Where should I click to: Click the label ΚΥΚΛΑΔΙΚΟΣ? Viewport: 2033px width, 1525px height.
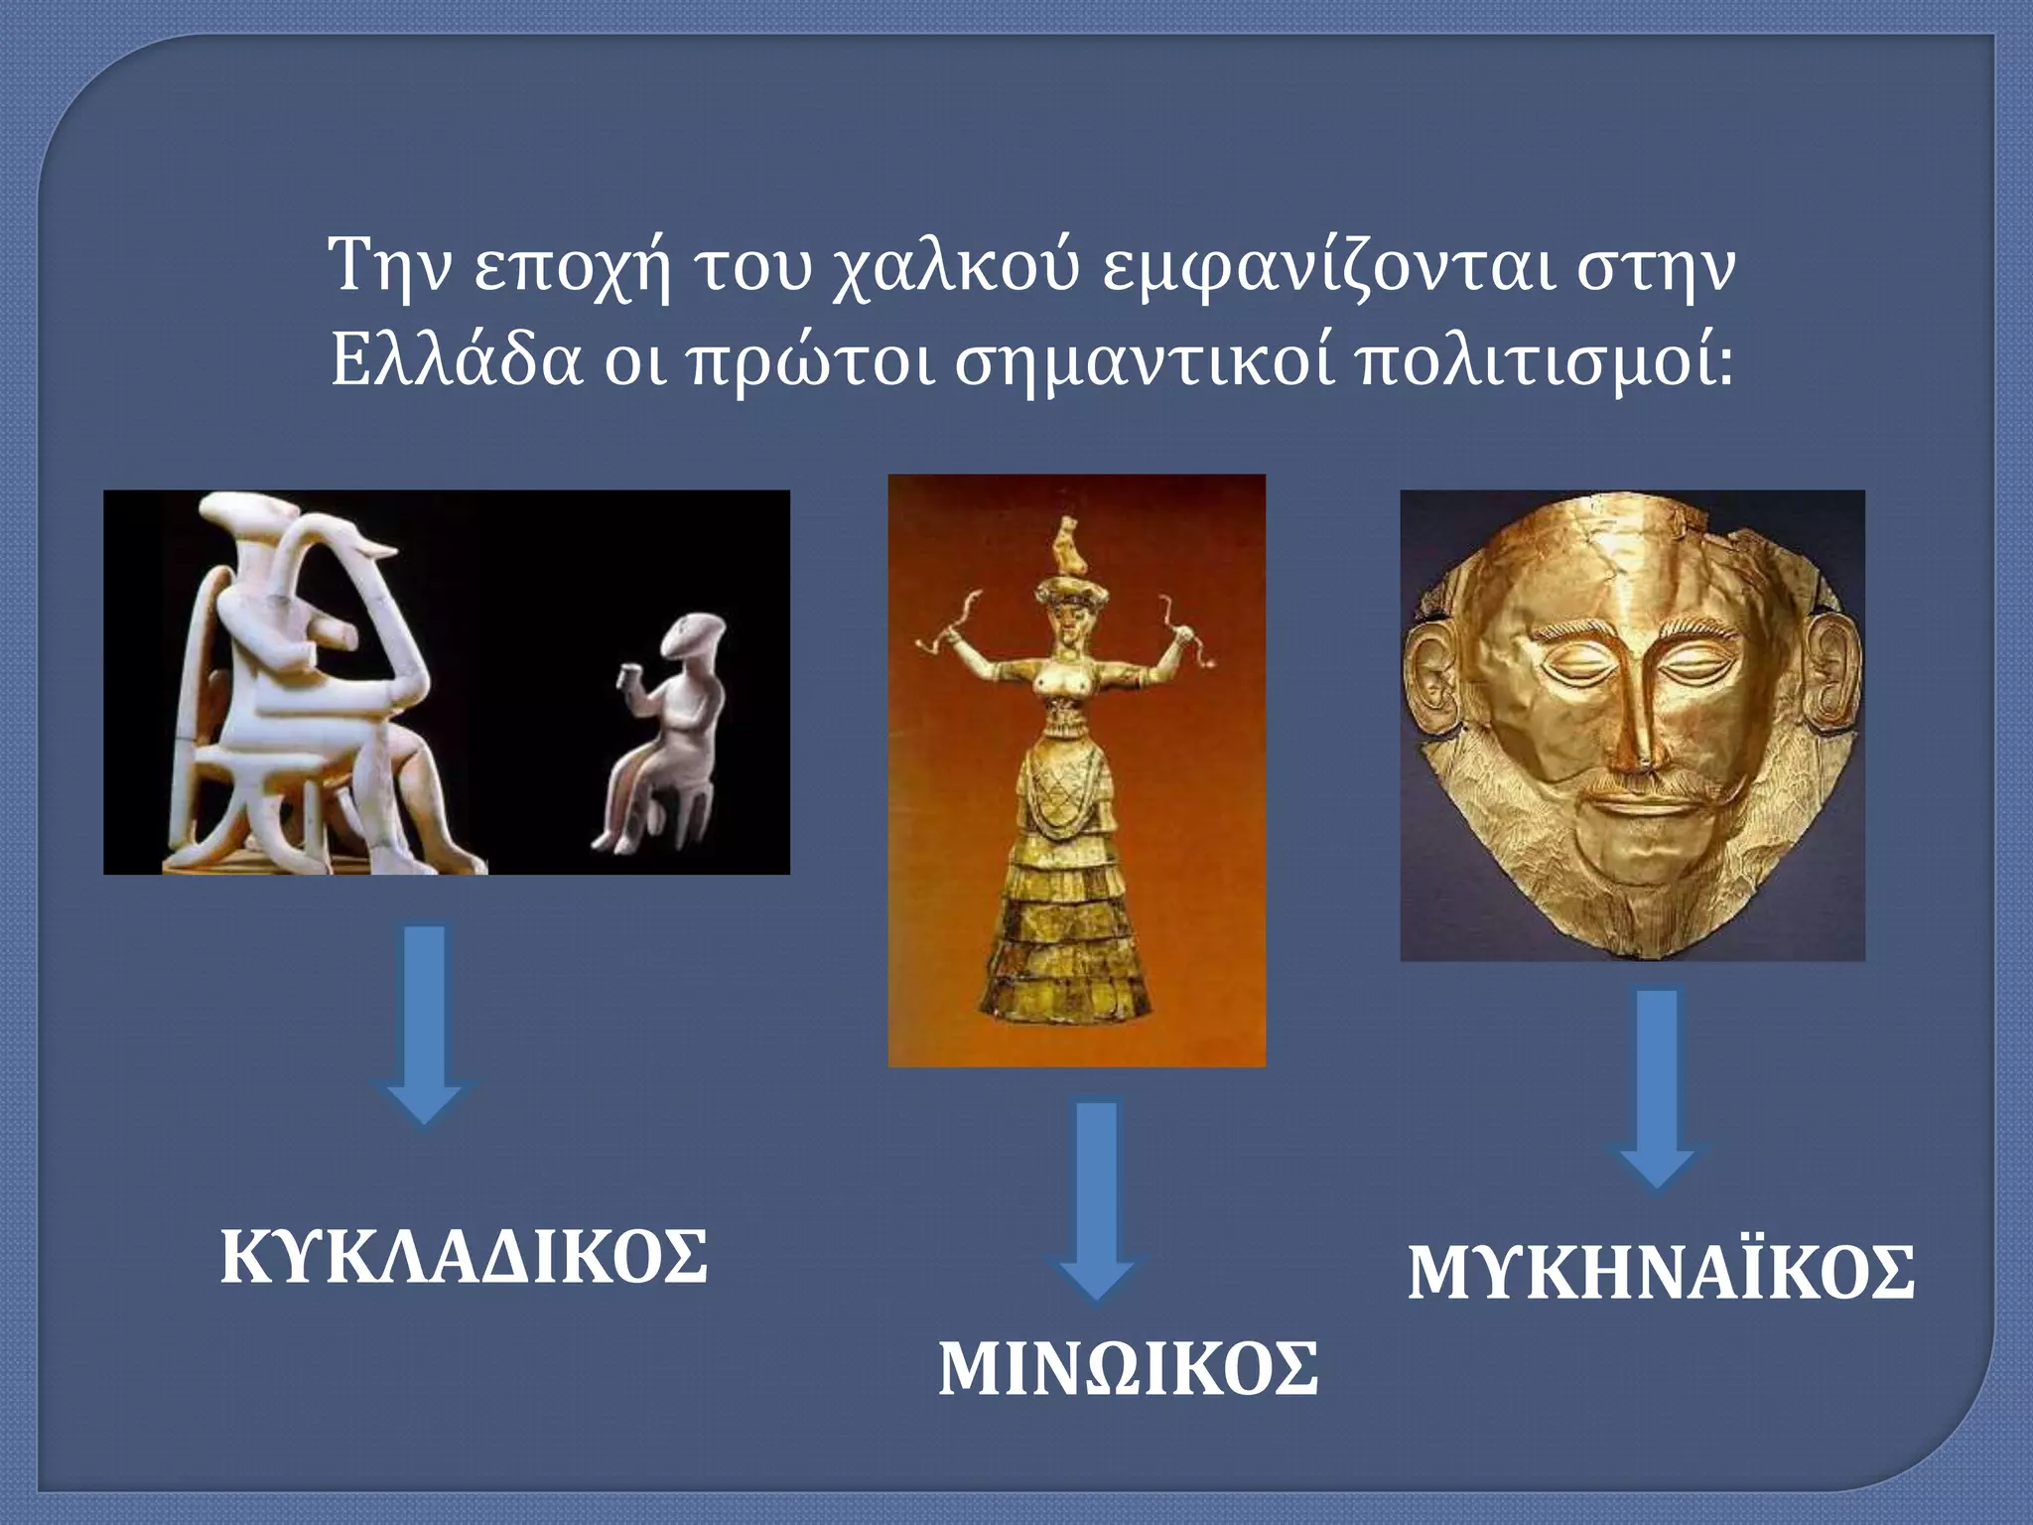tap(464, 1257)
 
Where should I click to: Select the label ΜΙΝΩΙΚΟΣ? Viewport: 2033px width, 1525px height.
tap(1128, 1369)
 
